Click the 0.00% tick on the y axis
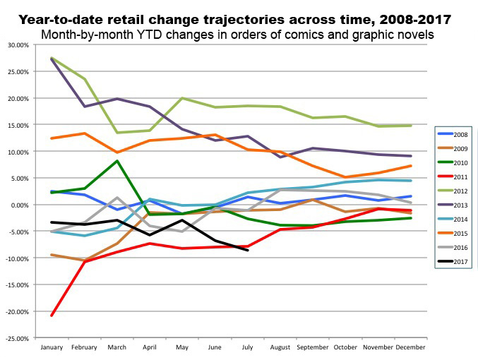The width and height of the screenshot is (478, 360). click(x=20, y=205)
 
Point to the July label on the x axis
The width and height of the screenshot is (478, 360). click(x=247, y=348)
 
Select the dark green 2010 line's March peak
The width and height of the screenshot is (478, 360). click(x=117, y=161)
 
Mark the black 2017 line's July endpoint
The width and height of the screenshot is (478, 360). click(x=247, y=250)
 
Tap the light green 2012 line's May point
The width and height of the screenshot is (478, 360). click(x=182, y=98)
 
